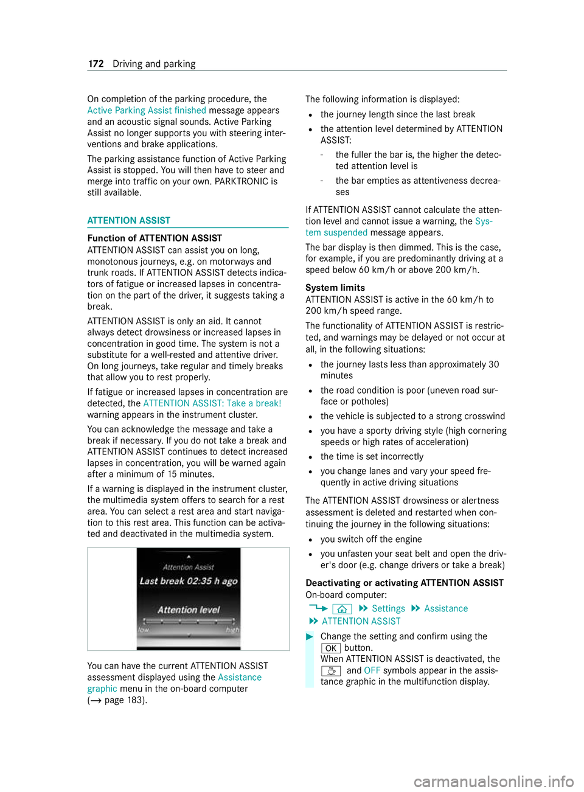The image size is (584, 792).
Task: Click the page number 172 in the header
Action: (x=96, y=64)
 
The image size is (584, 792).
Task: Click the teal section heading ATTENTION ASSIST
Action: (x=128, y=220)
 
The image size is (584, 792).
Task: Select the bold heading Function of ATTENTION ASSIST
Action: (x=155, y=238)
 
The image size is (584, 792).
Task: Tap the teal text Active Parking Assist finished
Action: (x=147, y=110)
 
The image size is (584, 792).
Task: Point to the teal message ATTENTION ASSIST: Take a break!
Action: (x=212, y=403)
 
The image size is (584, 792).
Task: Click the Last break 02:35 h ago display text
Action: (x=189, y=581)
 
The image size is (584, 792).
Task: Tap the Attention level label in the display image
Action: (x=189, y=610)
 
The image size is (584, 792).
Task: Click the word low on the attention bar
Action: (x=144, y=630)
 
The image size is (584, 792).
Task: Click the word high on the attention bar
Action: (x=232, y=630)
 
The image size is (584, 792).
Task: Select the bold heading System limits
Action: (x=335, y=288)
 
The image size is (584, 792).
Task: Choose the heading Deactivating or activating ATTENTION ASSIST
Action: (x=405, y=583)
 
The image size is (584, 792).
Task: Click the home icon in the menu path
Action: (x=342, y=609)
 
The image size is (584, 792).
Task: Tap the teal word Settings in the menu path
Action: (x=388, y=608)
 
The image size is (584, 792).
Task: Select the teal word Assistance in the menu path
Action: (x=446, y=608)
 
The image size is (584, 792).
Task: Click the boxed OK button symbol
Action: (x=330, y=648)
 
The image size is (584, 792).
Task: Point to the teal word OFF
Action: (x=372, y=670)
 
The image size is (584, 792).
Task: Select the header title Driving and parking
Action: (x=154, y=64)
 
